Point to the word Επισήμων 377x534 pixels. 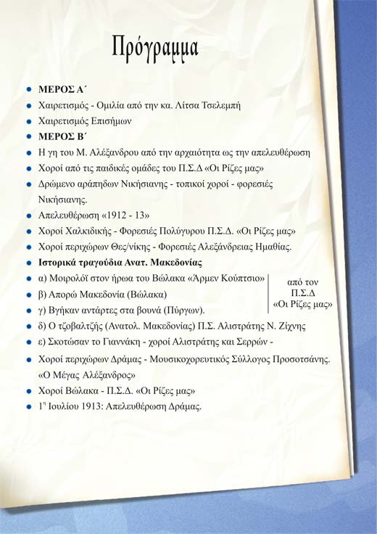pos(115,121)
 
